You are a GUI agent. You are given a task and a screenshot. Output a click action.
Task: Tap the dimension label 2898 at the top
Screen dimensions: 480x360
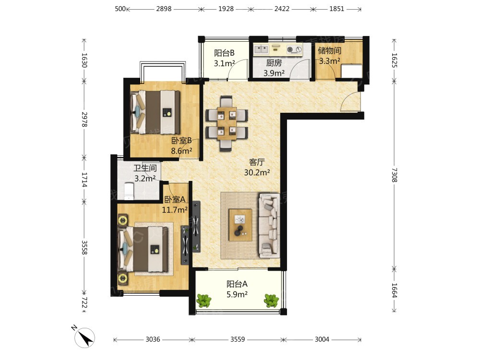click(164, 9)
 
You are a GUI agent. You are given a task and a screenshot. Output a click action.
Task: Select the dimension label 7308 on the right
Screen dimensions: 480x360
click(394, 175)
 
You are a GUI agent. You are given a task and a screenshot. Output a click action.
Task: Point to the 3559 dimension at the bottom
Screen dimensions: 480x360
click(238, 339)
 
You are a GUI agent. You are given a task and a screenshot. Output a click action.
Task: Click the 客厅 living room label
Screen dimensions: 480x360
click(256, 162)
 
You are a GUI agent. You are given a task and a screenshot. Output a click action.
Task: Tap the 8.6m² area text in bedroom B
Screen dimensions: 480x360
click(181, 151)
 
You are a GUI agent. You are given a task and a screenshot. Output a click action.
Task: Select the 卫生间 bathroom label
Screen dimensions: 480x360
click(145, 168)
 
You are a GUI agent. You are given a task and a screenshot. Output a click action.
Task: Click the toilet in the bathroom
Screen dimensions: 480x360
click(129, 191)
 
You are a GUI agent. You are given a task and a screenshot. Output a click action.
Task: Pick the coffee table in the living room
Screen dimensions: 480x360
click(240, 225)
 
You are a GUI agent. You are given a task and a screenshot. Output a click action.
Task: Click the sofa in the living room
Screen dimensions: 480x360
click(269, 225)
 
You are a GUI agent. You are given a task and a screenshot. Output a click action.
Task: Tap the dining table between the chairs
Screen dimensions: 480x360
click(227, 123)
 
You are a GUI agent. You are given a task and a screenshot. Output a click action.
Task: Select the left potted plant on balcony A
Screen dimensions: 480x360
click(204, 300)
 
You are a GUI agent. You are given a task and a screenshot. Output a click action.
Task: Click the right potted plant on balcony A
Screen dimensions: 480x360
click(271, 300)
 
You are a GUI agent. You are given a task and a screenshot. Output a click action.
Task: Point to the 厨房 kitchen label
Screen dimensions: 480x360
click(274, 63)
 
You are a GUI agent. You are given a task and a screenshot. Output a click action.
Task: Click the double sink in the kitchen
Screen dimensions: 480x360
click(262, 49)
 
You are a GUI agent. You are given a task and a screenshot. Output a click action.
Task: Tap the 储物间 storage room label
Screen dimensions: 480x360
click(329, 50)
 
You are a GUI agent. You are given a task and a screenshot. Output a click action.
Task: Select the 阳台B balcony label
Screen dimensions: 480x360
click(224, 53)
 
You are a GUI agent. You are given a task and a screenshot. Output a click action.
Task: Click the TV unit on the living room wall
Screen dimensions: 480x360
click(196, 227)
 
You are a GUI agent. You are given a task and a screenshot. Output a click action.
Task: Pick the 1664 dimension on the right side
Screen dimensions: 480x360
click(394, 290)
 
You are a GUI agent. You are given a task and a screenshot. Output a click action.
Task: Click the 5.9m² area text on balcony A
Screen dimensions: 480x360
click(237, 295)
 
